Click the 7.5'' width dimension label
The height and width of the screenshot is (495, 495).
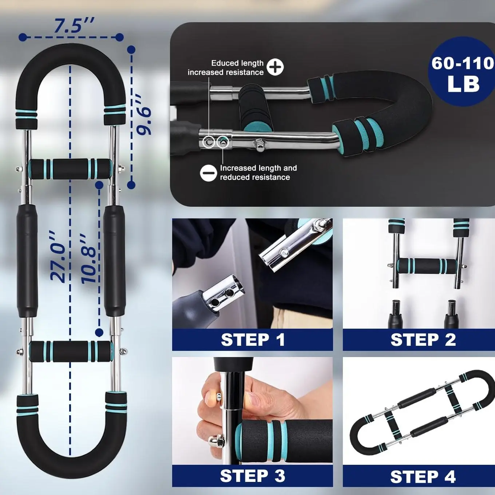[x=74, y=25]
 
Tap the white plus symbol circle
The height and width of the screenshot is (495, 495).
[x=275, y=67]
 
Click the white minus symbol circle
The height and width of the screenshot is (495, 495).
[x=209, y=173]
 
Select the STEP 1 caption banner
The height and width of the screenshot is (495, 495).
[x=253, y=340]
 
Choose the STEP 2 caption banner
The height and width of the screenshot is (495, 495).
[x=419, y=340]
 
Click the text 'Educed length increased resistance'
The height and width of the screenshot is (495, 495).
[x=226, y=68]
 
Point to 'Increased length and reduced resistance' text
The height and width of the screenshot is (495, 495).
[x=258, y=173]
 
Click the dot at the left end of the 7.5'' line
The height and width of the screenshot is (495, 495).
[x=23, y=37]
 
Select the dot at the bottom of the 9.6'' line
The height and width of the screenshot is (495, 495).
[x=131, y=185]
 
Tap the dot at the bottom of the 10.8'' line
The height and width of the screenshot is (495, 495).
[x=99, y=333]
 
